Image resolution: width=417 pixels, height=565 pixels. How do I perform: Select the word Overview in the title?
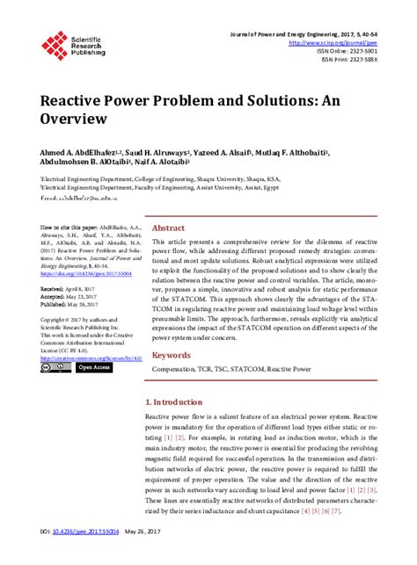pos(74,118)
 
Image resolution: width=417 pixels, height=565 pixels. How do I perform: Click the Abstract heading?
pos(169,226)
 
